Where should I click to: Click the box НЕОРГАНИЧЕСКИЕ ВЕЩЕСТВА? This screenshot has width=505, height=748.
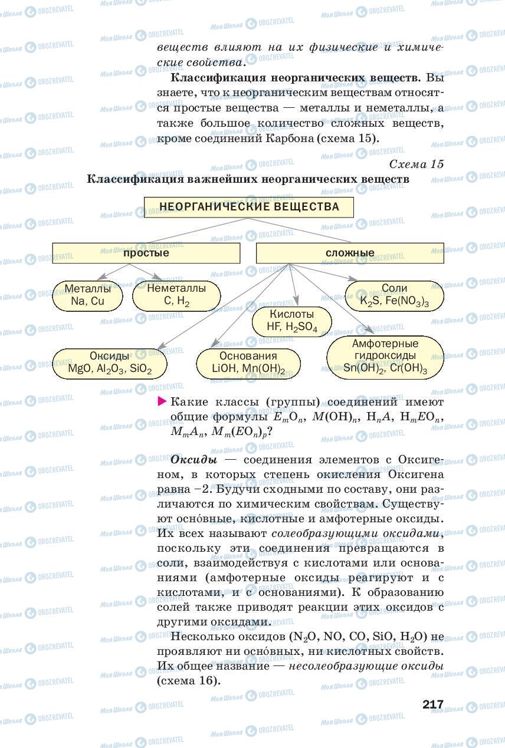tap(249, 207)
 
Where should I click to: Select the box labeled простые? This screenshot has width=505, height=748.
tap(146, 253)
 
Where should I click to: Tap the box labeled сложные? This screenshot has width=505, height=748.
tap(350, 253)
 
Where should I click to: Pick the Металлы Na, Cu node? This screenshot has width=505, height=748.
tap(87, 295)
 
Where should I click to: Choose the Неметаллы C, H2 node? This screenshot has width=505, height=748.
tap(176, 295)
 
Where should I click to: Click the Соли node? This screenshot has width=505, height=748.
tap(394, 295)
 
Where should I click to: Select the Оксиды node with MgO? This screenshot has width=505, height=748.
tap(110, 363)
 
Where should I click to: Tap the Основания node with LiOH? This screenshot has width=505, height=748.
tap(248, 363)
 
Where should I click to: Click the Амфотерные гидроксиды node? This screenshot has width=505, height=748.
tap(385, 357)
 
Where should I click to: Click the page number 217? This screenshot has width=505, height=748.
tap(432, 704)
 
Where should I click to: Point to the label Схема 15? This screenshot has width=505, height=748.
tap(417, 164)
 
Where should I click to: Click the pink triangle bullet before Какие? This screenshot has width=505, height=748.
tap(162, 402)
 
